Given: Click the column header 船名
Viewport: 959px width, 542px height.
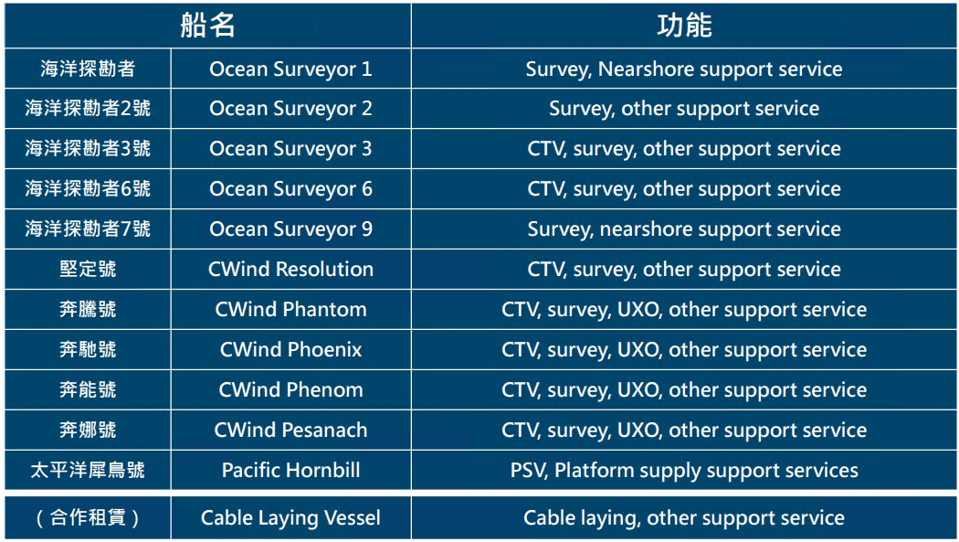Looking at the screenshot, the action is pos(208,26).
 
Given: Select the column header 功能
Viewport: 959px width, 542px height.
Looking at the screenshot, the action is pos(684,26).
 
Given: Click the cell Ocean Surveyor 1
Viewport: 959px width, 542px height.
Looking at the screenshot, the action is pos(290,69).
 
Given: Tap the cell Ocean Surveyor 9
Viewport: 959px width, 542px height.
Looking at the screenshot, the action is pos(290,229).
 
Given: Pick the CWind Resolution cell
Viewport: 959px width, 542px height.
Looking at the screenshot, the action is pos(290,269).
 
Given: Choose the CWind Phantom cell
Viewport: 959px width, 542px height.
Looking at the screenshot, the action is pos(290,310).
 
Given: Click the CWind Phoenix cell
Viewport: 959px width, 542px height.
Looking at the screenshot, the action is pos(290,350).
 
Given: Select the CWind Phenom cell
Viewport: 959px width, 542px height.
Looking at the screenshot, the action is pos(290,389).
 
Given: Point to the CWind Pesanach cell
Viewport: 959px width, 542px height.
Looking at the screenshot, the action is pos(290,430).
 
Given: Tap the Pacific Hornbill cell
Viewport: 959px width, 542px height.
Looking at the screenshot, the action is pos(290,471).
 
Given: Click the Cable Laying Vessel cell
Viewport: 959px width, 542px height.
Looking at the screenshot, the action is pos(290,518).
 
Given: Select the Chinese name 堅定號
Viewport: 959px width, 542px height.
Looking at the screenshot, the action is pos(88,269).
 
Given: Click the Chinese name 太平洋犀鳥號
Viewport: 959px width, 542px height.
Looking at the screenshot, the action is pos(88,471).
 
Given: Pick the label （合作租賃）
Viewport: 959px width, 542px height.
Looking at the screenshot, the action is pos(88,518).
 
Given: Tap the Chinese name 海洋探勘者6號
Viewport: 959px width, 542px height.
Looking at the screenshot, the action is pos(88,189).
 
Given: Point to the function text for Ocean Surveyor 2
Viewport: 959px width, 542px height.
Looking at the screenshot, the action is pos(684,109).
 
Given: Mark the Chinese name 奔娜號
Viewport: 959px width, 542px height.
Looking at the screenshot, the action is pos(88,430).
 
